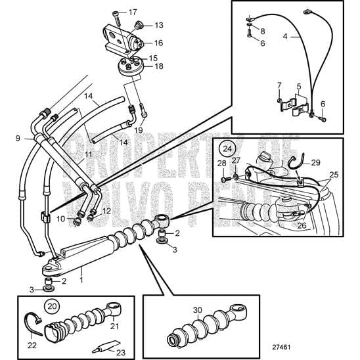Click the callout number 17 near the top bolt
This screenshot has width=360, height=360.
(x=133, y=12)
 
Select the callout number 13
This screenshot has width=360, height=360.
(x=158, y=25)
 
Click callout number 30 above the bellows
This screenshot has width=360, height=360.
(x=197, y=311)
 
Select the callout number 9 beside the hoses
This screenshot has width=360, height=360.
(x=18, y=139)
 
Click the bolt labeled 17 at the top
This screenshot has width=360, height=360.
(x=116, y=14)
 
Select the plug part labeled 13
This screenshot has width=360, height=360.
(x=140, y=26)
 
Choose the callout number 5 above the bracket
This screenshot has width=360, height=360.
(x=300, y=86)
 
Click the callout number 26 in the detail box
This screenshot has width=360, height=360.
(x=301, y=225)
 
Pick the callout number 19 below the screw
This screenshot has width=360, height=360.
(x=139, y=131)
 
